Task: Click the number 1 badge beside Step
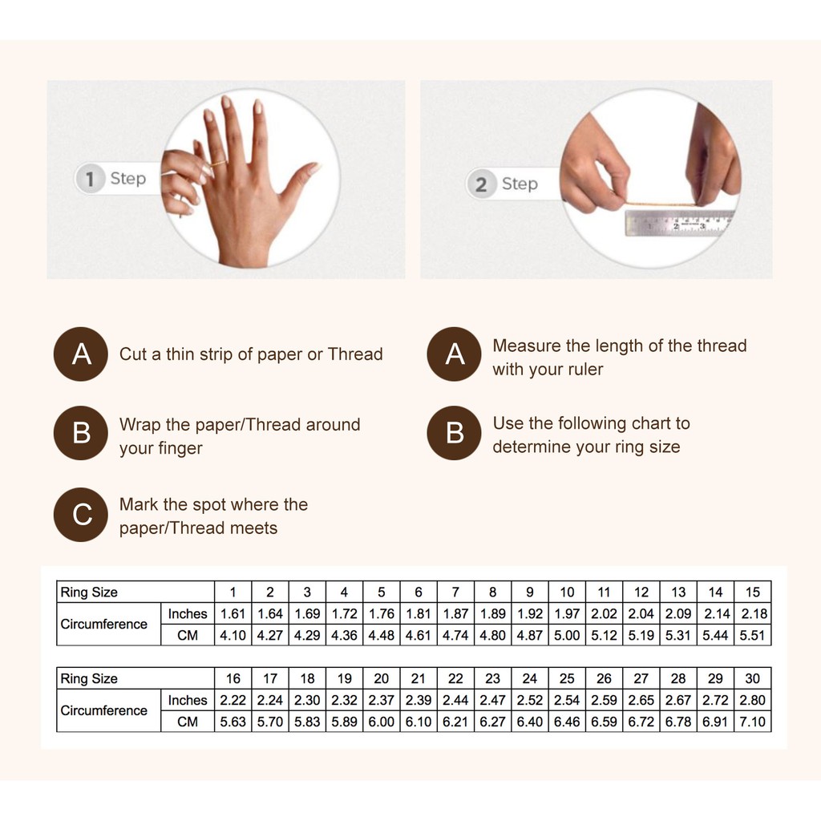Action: [x=90, y=179]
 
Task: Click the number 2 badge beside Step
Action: [x=481, y=184]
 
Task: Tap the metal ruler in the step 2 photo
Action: [x=678, y=223]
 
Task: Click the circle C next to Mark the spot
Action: [x=81, y=515]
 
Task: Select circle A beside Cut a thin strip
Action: [x=81, y=354]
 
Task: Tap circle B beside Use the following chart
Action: [x=454, y=433]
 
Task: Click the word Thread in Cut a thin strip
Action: [x=355, y=354]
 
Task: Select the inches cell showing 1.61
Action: [x=233, y=613]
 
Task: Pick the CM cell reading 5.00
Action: [x=567, y=635]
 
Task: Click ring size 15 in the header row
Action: [x=752, y=592]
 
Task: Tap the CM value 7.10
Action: [x=752, y=722]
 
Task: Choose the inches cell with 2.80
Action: [x=752, y=700]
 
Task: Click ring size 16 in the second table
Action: [x=233, y=678]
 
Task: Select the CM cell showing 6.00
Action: [x=381, y=722]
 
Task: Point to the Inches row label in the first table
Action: [x=188, y=613]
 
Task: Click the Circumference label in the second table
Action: [x=103, y=710]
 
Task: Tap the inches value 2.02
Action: [x=604, y=613]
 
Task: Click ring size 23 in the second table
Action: [x=493, y=678]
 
